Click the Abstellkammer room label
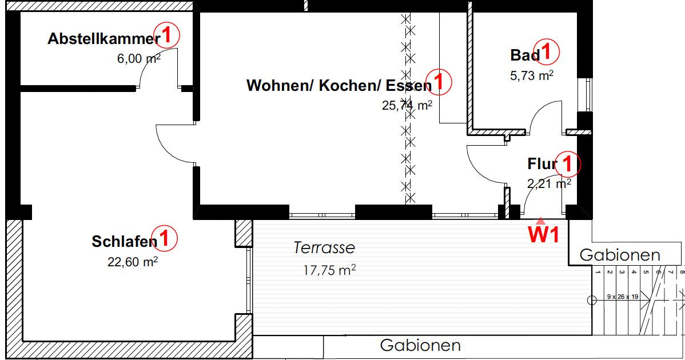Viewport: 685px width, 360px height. pyautogui.click(x=103, y=39)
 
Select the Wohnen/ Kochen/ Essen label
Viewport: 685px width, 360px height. pyautogui.click(x=338, y=86)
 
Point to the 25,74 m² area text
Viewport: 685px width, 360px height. pyautogui.click(x=406, y=105)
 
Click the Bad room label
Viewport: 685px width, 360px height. pyautogui.click(x=524, y=55)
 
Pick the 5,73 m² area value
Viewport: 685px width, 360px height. pyautogui.click(x=531, y=75)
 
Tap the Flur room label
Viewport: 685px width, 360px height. pyautogui.click(x=541, y=165)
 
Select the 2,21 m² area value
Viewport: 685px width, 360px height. pyautogui.click(x=548, y=183)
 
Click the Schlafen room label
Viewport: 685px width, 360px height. pyautogui.click(x=124, y=242)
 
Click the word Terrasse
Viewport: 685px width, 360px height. pyautogui.click(x=324, y=248)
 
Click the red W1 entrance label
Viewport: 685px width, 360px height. pyautogui.click(x=543, y=235)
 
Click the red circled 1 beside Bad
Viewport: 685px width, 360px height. pyautogui.click(x=547, y=52)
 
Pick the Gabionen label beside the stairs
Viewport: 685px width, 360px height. pyautogui.click(x=620, y=255)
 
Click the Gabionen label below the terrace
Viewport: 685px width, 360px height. pyautogui.click(x=420, y=346)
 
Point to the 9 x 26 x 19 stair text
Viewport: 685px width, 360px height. pyautogui.click(x=622, y=298)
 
